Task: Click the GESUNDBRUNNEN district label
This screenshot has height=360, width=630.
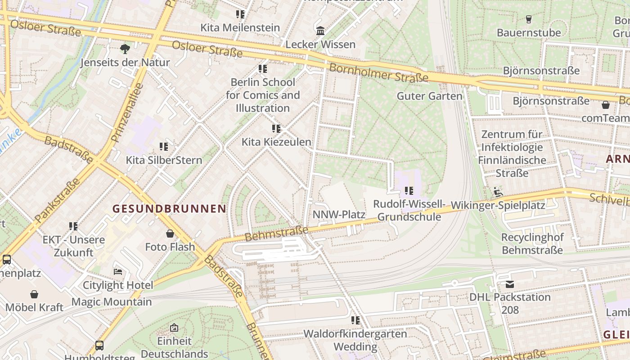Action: [x=169, y=209]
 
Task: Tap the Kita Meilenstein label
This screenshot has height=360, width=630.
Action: [x=240, y=27]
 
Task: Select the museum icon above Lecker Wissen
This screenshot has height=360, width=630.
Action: [x=320, y=31]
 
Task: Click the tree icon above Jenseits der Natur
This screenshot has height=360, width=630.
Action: [x=125, y=49]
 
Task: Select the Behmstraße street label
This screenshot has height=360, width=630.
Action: [x=276, y=233]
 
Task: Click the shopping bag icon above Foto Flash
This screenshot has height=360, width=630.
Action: [x=170, y=234]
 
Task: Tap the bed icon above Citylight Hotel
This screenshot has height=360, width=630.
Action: [x=118, y=272]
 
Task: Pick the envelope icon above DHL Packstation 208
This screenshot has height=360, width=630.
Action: [x=509, y=284]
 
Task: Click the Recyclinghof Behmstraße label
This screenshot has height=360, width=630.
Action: [x=532, y=243]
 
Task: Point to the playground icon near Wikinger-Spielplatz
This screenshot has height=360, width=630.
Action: [x=498, y=193]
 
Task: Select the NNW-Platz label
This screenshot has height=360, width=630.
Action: [x=339, y=214]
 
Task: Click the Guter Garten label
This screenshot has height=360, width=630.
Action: [x=429, y=96]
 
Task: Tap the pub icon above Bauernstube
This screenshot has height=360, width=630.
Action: [x=529, y=19]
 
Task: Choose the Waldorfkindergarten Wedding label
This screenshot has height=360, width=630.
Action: [x=355, y=340]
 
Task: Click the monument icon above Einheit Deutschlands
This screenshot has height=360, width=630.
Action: [x=174, y=328]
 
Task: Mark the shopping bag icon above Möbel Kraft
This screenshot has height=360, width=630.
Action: [x=34, y=294]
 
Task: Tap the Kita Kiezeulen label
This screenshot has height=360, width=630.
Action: [x=276, y=142]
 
